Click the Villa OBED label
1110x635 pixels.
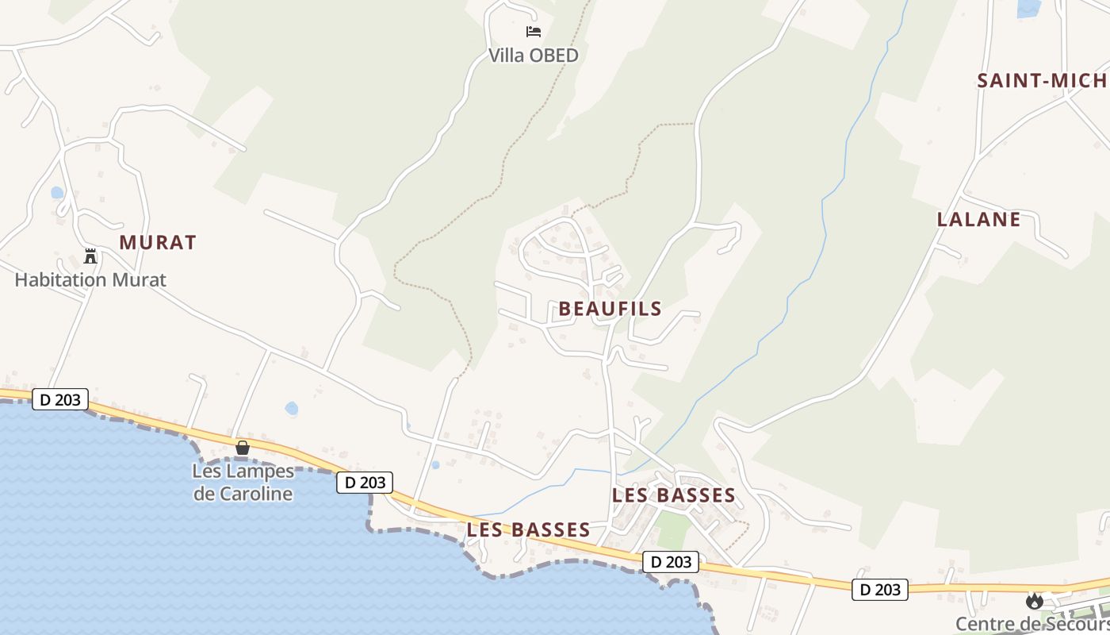(x=533, y=56)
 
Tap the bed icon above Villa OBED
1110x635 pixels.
(x=534, y=32)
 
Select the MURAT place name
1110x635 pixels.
(x=158, y=243)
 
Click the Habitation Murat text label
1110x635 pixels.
(x=90, y=280)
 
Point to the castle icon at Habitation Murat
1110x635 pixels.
(x=90, y=256)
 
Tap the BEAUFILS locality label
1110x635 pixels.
(x=610, y=309)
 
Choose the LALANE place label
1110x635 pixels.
(x=978, y=220)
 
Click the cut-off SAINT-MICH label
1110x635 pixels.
(x=1042, y=80)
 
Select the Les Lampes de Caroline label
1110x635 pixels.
(x=243, y=483)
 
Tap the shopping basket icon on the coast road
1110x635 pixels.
(x=243, y=448)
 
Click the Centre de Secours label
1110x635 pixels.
(x=1031, y=624)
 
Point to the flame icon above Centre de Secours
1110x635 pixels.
(x=1034, y=601)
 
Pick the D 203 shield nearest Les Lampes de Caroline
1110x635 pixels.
(x=365, y=482)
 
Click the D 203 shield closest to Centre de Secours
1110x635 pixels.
(x=880, y=589)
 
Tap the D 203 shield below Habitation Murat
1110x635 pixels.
(x=60, y=399)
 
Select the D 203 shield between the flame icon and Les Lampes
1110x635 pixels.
(x=671, y=562)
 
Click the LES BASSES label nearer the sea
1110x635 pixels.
(x=529, y=529)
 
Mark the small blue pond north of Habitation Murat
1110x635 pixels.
(x=57, y=192)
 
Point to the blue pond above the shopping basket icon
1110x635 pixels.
(x=291, y=409)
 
